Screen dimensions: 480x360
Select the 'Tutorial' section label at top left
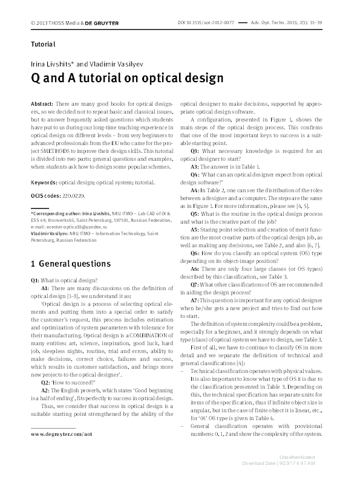43,44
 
